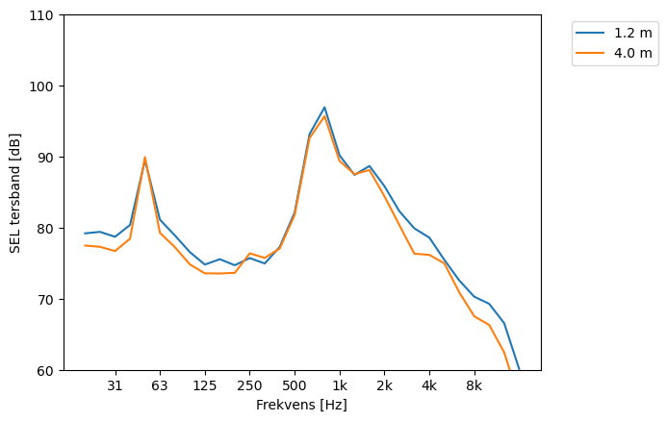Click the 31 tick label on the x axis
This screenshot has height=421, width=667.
pyautogui.click(x=115, y=386)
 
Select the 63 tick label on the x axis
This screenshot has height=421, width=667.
pyautogui.click(x=160, y=386)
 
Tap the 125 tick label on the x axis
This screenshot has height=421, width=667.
pyautogui.click(x=204, y=386)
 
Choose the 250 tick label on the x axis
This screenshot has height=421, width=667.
pyautogui.click(x=249, y=386)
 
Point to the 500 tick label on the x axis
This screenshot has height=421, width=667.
pyautogui.click(x=295, y=386)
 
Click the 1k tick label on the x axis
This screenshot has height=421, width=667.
pyautogui.click(x=339, y=386)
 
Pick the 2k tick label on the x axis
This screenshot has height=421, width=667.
pyautogui.click(x=384, y=386)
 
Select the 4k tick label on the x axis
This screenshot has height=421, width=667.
pyautogui.click(x=429, y=386)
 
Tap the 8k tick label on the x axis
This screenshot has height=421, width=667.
pyautogui.click(x=474, y=386)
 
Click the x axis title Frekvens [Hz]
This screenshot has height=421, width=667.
pyautogui.click(x=301, y=406)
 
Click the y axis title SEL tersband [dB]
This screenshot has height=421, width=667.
pyautogui.click(x=15, y=192)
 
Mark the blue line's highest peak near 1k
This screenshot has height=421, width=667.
pyautogui.click(x=324, y=108)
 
